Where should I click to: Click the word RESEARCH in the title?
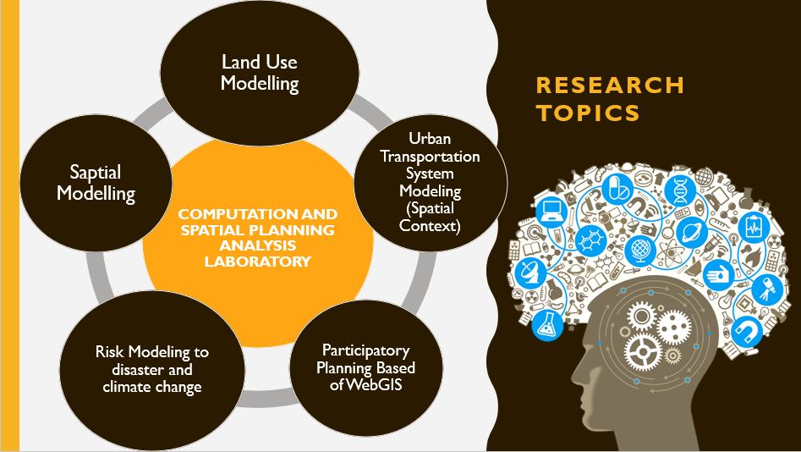(610, 85)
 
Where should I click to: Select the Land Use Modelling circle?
(260, 73)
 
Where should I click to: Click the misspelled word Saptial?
(96, 173)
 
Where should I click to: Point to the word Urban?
(430, 139)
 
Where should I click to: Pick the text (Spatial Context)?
(431, 217)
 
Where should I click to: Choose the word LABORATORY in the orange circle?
(258, 262)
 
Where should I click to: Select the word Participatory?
(365, 350)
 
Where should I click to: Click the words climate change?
(152, 387)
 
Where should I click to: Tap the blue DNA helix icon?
(680, 190)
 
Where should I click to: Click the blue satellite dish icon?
(530, 273)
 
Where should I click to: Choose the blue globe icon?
(640, 251)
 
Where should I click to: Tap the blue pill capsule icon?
(617, 189)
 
